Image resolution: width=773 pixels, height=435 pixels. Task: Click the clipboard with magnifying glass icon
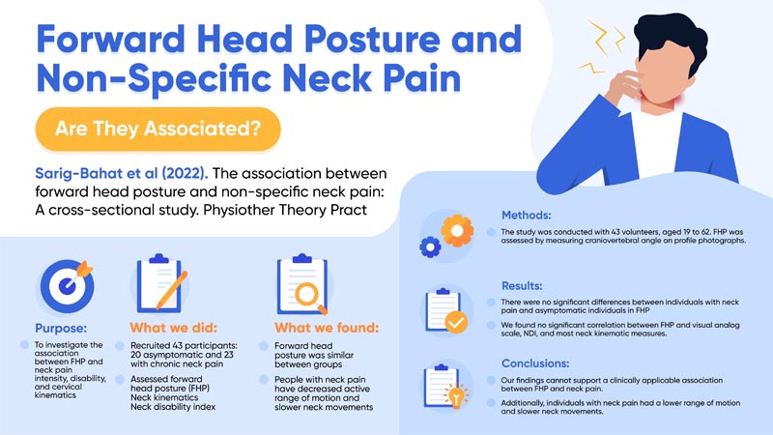click(301, 284)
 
